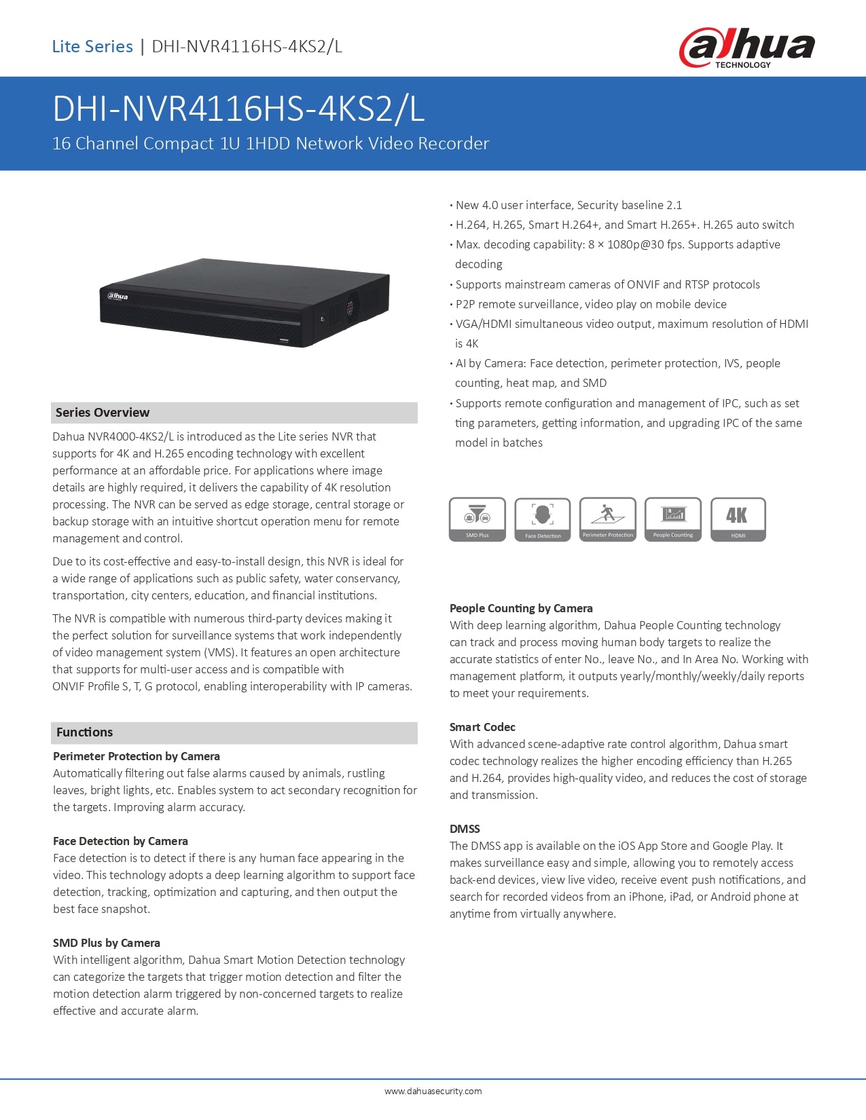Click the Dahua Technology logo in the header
pos(746,48)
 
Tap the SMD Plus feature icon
pos(477,519)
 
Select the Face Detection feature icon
pos(543,519)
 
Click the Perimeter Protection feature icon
pos(608,519)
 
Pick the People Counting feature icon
pos(673,519)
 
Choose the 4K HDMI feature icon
pos(738,519)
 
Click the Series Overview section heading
pos(103,413)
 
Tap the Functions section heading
pos(85,732)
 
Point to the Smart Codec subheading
pos(482,727)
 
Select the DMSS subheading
pos(465,829)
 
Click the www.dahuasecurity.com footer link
pos(433,1091)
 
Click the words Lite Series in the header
pos(92,47)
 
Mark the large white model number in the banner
pos(238,109)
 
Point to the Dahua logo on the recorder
pos(117,296)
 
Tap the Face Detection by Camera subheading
pos(120,841)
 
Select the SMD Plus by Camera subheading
pos(107,943)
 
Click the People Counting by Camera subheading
pos(521,608)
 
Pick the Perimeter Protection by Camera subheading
pos(137,756)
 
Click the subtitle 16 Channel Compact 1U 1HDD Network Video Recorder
pos(270,144)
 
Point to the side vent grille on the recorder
pos(350,306)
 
